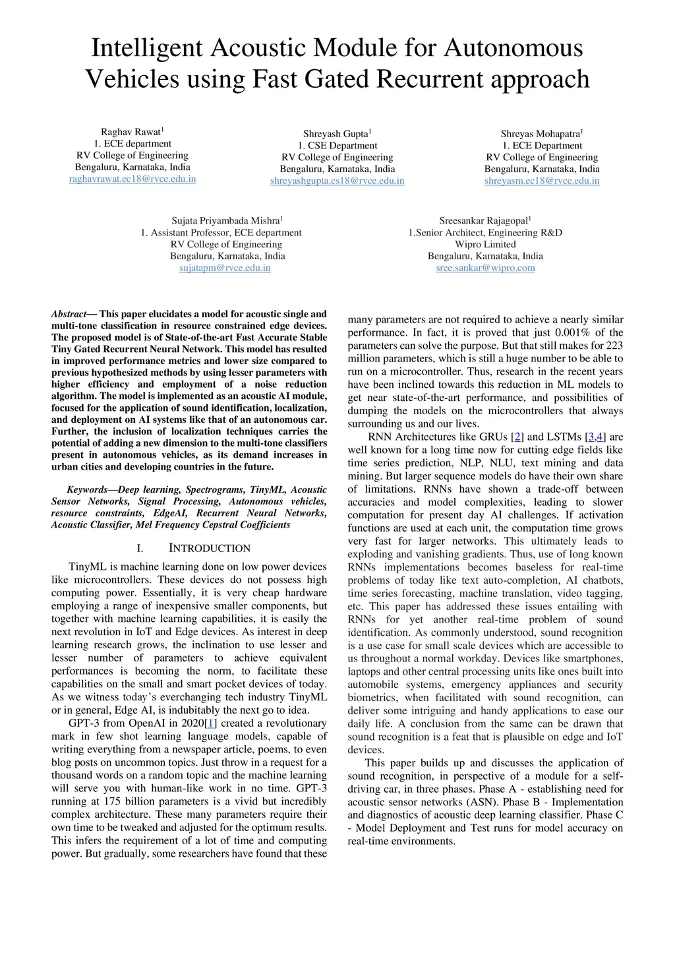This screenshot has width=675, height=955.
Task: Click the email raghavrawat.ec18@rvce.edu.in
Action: click(132, 179)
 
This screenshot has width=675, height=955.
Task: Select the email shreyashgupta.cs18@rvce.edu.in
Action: click(337, 181)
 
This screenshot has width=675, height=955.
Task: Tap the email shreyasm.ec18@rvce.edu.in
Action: click(542, 181)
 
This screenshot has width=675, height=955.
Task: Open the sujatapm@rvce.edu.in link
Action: click(225, 268)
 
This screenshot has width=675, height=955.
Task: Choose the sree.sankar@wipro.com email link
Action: click(485, 268)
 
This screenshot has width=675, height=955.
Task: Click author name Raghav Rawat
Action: click(131, 133)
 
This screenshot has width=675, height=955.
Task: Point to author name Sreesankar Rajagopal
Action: click(483, 221)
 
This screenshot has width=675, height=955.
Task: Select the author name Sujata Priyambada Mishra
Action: click(225, 221)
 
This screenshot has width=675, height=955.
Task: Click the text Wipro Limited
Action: click(485, 244)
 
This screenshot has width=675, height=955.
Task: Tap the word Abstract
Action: click(69, 314)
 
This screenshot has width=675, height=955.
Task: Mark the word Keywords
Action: click(87, 489)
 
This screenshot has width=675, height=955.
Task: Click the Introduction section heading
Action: click(210, 548)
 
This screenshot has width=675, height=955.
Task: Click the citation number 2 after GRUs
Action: click(518, 437)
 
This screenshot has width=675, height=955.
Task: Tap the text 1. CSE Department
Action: click(337, 146)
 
